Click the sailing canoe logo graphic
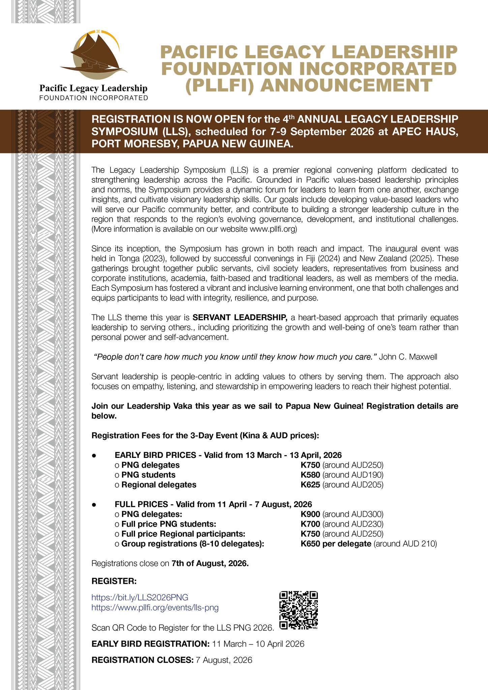point(95,55)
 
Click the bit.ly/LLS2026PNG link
point(140,597)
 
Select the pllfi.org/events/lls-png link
point(155,608)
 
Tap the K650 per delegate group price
point(335,543)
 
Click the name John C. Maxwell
point(408,357)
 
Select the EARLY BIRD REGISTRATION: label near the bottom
point(151,644)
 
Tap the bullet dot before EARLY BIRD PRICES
point(95,456)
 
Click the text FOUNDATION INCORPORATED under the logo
point(94,98)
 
